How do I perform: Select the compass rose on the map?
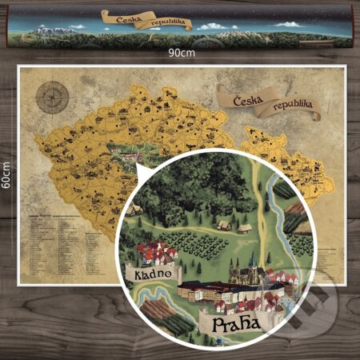coord(52,96)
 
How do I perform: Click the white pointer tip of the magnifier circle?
coord(137,167)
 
